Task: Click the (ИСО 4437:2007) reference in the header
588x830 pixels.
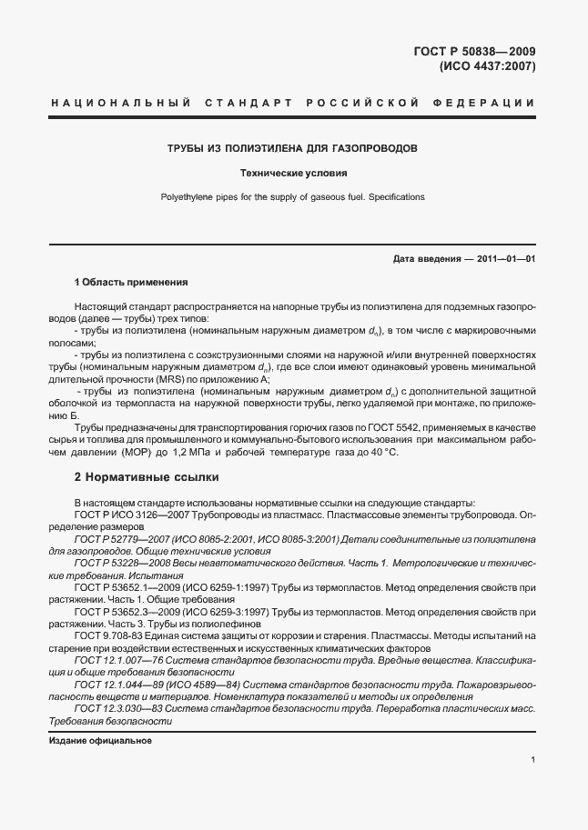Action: pos(487,66)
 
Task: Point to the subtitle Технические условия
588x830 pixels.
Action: pos(293,172)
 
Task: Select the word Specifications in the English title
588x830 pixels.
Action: pos(394,196)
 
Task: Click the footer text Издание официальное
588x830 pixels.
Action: pos(100,740)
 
